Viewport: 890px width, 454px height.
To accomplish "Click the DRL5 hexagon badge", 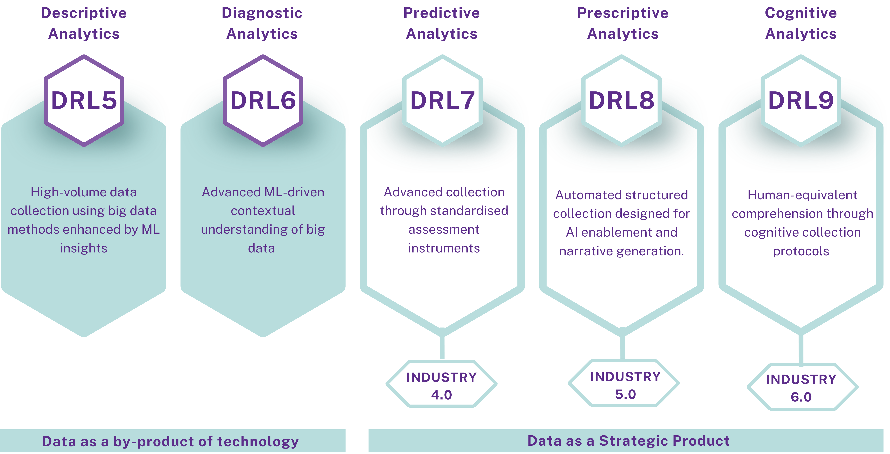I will click(x=84, y=101).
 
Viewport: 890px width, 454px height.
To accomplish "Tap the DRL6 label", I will click(x=263, y=101).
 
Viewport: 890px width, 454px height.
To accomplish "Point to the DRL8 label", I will click(x=622, y=101).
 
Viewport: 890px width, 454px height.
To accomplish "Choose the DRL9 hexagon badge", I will click(x=801, y=101).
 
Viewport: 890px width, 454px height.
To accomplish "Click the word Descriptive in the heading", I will click(x=84, y=13).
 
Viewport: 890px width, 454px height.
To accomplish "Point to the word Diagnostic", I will click(x=262, y=13).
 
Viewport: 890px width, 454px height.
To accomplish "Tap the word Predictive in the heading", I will click(x=441, y=13).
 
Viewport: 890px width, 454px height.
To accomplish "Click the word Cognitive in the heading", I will click(x=801, y=13).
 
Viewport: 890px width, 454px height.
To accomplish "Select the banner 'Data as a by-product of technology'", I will click(x=171, y=441).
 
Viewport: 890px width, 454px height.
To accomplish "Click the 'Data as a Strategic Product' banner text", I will click(x=628, y=441).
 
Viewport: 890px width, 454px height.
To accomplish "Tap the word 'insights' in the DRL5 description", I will click(x=84, y=248).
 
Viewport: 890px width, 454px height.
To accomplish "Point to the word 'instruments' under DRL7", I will click(x=444, y=248).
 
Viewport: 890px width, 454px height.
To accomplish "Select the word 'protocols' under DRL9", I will click(x=801, y=251).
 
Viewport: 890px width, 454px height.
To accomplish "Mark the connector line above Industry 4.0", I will click(x=442, y=345).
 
